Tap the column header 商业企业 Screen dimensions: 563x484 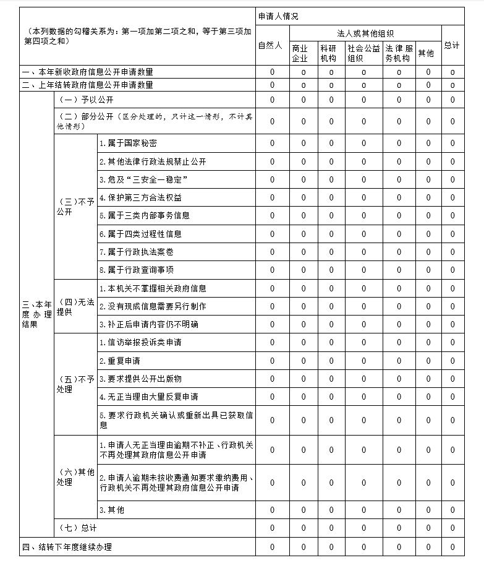click(x=303, y=53)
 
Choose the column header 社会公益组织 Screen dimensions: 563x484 click(x=363, y=53)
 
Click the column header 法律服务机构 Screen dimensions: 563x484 click(x=399, y=53)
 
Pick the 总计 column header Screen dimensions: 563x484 click(x=452, y=46)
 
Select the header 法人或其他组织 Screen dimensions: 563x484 click(x=365, y=33)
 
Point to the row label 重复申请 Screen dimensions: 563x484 click(x=120, y=361)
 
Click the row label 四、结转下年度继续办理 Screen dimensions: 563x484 click(x=67, y=547)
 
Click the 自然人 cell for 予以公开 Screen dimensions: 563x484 click(x=272, y=100)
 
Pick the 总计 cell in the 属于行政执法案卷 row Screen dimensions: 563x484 click(x=452, y=252)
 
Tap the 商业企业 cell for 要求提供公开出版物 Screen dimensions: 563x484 click(x=304, y=379)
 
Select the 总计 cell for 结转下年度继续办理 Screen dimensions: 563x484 click(x=452, y=547)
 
